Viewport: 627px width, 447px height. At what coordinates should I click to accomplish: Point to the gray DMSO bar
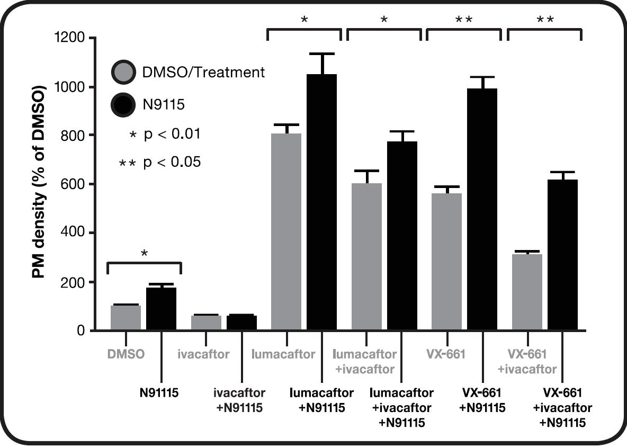click(126, 318)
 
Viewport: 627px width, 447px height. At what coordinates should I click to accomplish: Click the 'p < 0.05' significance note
click(172, 162)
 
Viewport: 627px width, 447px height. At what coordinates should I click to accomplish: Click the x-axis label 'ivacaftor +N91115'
click(239, 400)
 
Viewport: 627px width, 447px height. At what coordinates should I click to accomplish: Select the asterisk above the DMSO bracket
click(144, 253)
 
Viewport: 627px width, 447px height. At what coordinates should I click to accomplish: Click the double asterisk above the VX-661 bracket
click(464, 20)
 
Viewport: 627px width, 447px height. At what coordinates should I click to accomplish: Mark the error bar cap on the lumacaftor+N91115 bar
click(321, 53)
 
